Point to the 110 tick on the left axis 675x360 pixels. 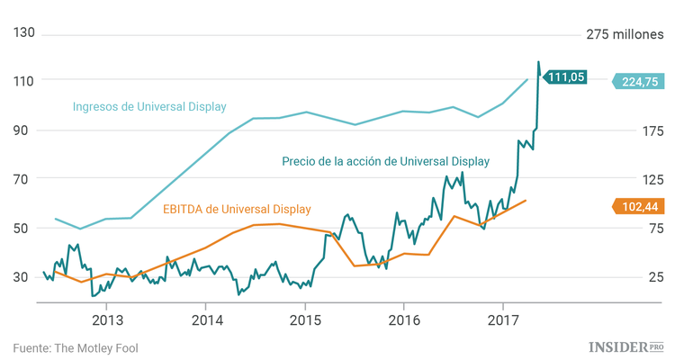pyautogui.click(x=24, y=80)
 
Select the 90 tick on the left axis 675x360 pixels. pyautogui.click(x=24, y=130)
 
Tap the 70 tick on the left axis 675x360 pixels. pyautogui.click(x=24, y=178)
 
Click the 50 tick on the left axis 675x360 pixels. pyautogui.click(x=24, y=228)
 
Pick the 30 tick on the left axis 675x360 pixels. pyautogui.click(x=24, y=276)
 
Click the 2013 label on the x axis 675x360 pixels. pyautogui.click(x=107, y=319)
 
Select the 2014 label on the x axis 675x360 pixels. pyautogui.click(x=206, y=319)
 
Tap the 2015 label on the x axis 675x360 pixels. pyautogui.click(x=305, y=319)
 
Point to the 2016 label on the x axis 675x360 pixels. pyautogui.click(x=404, y=319)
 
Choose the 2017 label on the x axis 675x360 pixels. pyautogui.click(x=503, y=319)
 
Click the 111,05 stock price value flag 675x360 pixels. pyautogui.click(x=565, y=77)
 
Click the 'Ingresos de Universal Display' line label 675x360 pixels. pyautogui.click(x=149, y=106)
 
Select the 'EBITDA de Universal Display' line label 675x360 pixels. pyautogui.click(x=237, y=210)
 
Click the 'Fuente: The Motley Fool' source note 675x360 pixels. pyautogui.click(x=76, y=346)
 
